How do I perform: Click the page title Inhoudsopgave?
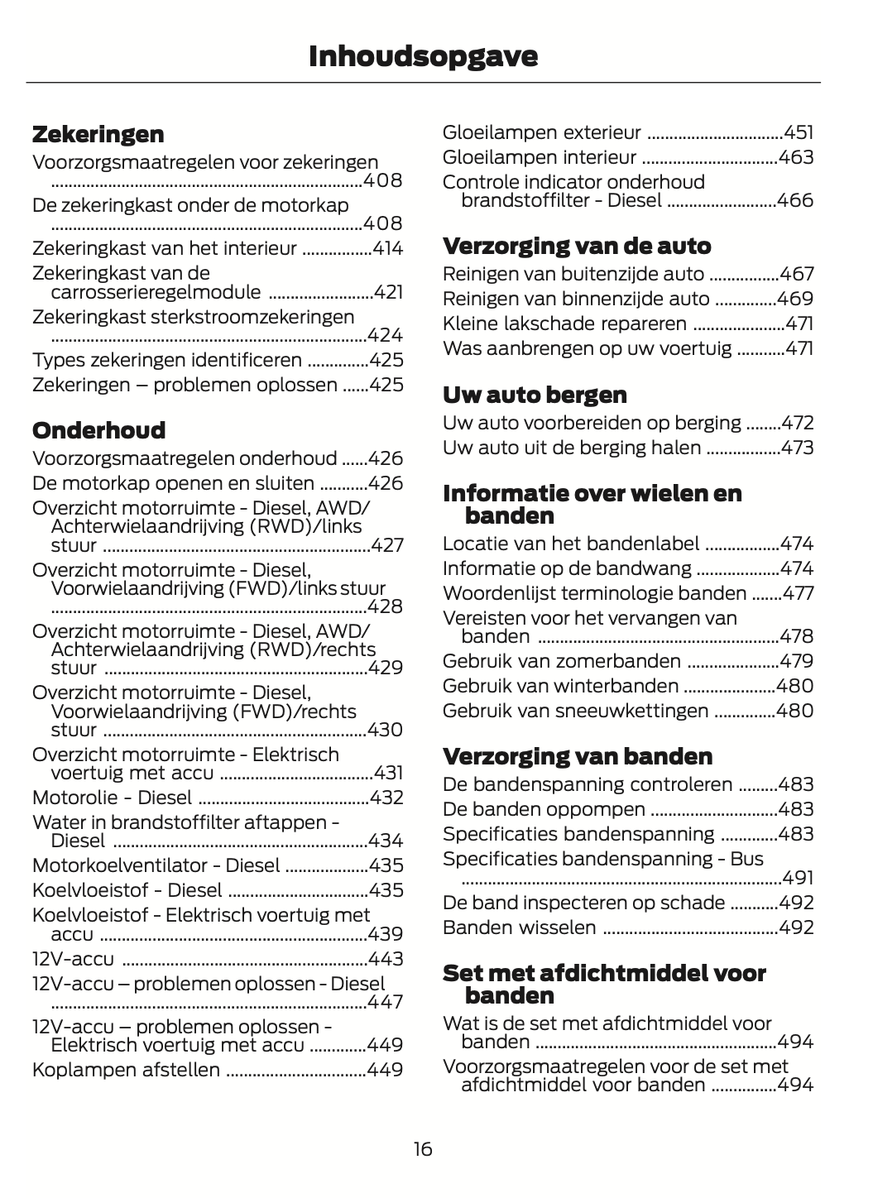coord(423,56)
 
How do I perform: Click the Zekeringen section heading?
coord(98,134)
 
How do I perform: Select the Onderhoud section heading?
coord(98,430)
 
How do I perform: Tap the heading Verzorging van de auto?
coord(577,246)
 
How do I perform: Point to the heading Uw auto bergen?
coord(535,395)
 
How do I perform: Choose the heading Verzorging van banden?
coord(578,756)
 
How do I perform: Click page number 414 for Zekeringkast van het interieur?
coord(388,248)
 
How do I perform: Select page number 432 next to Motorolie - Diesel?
coord(387,798)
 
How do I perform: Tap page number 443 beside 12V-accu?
coord(387,959)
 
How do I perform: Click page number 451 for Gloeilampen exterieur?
coord(799,132)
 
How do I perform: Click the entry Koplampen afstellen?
coord(126,1070)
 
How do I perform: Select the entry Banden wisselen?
coord(519,927)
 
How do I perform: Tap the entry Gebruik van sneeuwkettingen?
coord(575,711)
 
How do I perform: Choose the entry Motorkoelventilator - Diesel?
coord(156,865)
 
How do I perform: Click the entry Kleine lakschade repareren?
coord(564,323)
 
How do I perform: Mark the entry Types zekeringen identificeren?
coord(167,360)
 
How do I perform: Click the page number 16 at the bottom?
coord(423,1148)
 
